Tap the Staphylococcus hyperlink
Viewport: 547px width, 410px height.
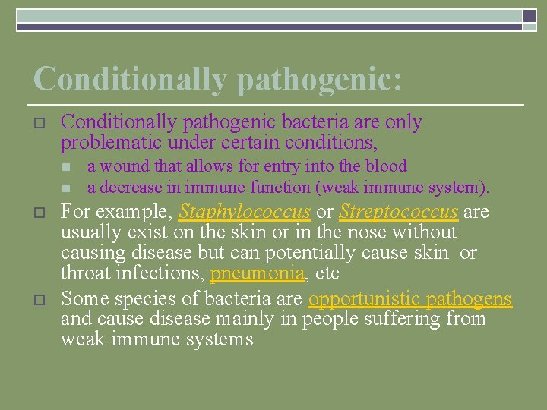point(245,211)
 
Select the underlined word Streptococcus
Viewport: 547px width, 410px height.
point(398,211)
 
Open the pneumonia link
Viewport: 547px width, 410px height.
point(255,273)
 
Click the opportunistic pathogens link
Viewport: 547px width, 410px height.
point(410,299)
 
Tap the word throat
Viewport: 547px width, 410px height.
point(85,273)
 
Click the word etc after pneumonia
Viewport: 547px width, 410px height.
point(324,273)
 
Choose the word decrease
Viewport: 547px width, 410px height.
point(128,187)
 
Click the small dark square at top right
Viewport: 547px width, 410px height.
point(530,16)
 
